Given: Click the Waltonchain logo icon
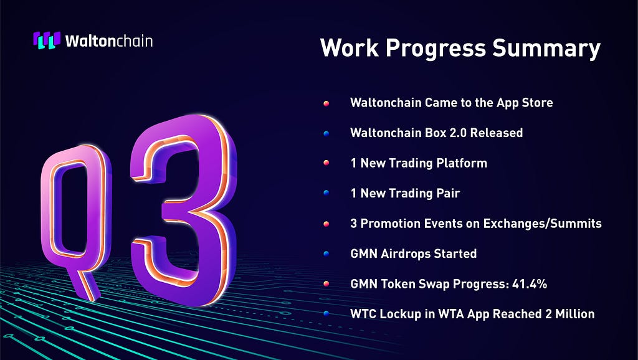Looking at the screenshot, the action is click(x=47, y=40).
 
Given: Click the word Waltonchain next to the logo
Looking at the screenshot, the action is click(x=109, y=41).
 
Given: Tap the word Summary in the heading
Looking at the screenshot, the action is click(x=546, y=49).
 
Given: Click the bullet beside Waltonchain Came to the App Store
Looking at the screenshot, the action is click(x=326, y=103).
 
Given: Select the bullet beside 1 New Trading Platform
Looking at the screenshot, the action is click(x=326, y=163).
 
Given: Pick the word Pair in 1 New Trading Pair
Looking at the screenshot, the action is click(x=447, y=193).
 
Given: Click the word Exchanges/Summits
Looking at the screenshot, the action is click(x=543, y=224).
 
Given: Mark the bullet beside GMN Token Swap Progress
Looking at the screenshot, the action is click(x=326, y=284).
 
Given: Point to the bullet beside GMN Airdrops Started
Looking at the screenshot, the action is click(x=326, y=254).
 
